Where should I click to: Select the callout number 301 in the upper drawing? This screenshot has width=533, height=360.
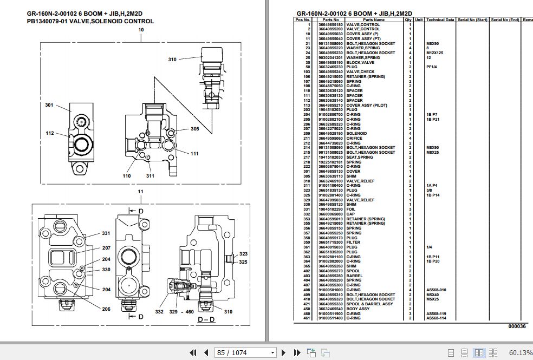pyautogui.click(x=49, y=105)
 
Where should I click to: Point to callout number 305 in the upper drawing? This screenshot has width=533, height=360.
pyautogui.click(x=194, y=129)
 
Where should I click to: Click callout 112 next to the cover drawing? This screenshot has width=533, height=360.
pyautogui.click(x=50, y=133)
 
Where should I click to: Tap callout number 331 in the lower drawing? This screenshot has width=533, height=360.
pyautogui.click(x=106, y=234)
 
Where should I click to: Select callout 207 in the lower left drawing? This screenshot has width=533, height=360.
pyautogui.click(x=106, y=248)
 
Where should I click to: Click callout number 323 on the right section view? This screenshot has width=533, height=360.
pyautogui.click(x=244, y=254)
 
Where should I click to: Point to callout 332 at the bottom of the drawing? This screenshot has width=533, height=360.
pyautogui.click(x=159, y=312)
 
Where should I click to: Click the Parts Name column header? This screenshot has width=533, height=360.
pyautogui.click(x=373, y=19)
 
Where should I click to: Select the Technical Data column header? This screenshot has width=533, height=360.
pyautogui.click(x=440, y=19)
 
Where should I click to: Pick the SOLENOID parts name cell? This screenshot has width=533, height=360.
pyautogui.click(x=356, y=133)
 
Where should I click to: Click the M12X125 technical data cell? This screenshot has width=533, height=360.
pyautogui.click(x=434, y=53)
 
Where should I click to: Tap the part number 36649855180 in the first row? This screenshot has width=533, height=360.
pyautogui.click(x=330, y=24)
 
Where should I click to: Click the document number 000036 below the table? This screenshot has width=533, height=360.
pyautogui.click(x=517, y=326)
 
